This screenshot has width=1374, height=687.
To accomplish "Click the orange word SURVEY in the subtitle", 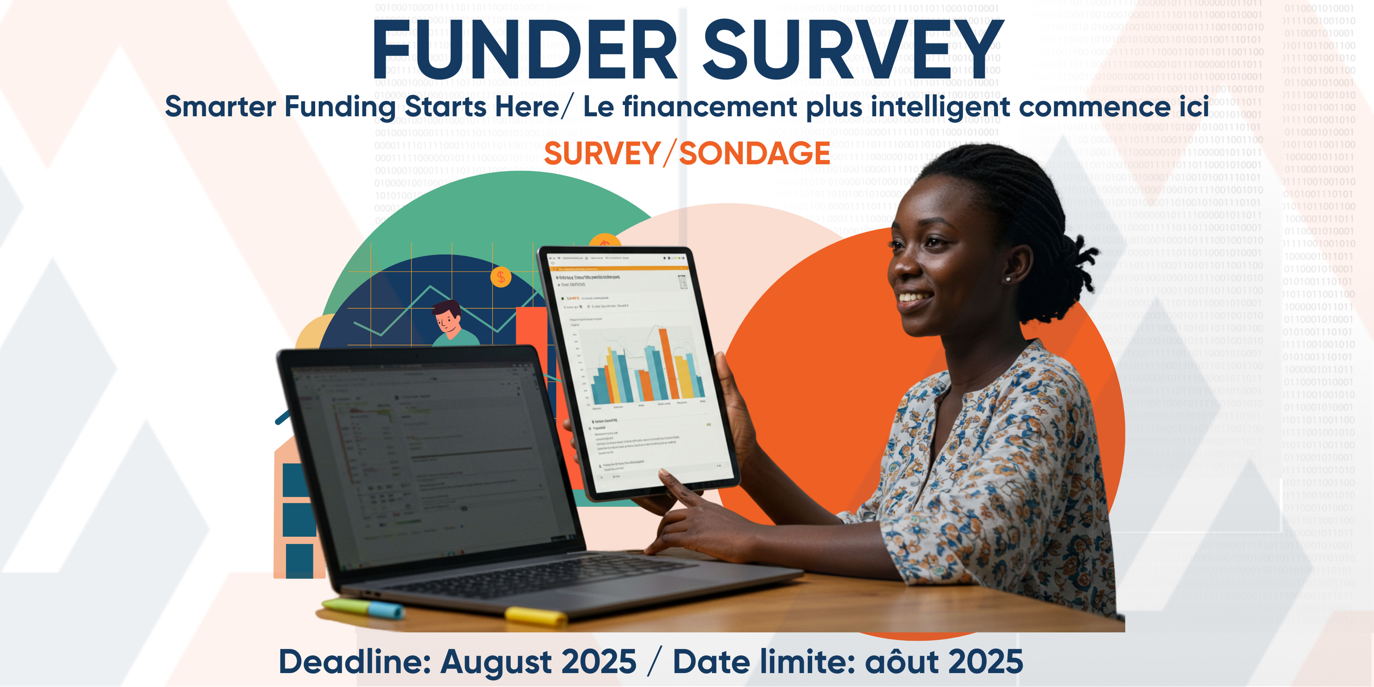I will click(602, 154).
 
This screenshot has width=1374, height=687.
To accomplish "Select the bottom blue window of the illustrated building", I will click(299, 560).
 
